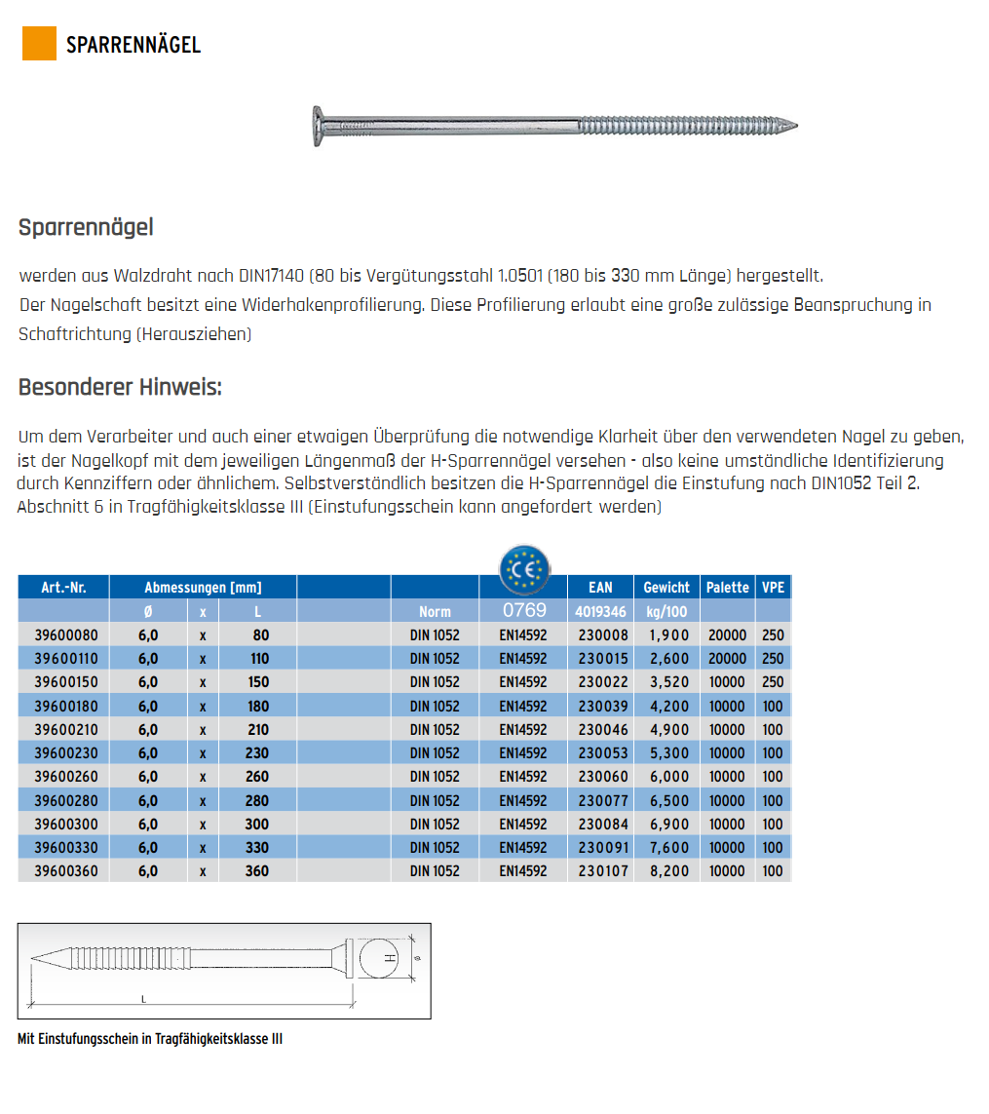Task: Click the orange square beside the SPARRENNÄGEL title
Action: coord(39,44)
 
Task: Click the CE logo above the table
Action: coord(524,568)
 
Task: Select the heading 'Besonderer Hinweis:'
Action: coord(120,387)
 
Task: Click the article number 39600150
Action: coord(66,682)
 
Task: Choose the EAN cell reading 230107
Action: coord(603,871)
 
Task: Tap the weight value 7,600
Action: coord(668,848)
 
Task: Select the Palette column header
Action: coord(728,588)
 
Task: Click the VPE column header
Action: coord(773,588)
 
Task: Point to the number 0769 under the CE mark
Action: coord(523,611)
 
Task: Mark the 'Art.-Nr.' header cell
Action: coord(63,588)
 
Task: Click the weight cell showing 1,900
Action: coord(668,635)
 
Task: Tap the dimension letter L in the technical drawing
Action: coord(143,999)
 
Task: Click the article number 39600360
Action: coord(66,871)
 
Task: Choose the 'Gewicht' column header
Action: coord(666,588)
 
